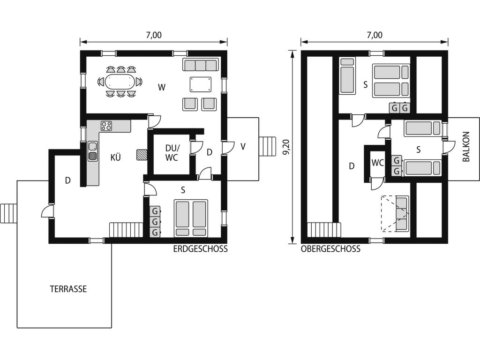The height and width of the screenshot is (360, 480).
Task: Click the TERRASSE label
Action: [68, 289]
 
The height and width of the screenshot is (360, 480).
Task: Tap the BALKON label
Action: [466, 147]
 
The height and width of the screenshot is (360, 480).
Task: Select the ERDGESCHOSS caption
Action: [201, 249]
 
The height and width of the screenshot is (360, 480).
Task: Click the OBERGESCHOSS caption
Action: [330, 249]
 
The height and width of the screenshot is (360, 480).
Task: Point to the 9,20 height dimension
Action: [286, 147]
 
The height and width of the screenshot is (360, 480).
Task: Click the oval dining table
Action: [120, 82]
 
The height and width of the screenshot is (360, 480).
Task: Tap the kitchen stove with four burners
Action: [106, 126]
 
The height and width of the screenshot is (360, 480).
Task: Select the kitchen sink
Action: [92, 151]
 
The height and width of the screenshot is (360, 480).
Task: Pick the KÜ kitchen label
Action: [115, 157]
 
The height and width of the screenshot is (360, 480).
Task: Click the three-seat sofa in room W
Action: [201, 65]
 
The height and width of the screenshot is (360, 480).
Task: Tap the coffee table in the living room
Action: [201, 84]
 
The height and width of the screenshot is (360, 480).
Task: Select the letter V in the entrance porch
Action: [243, 147]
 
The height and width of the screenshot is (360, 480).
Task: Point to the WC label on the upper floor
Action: [377, 163]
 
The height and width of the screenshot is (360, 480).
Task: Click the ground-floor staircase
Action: [126, 230]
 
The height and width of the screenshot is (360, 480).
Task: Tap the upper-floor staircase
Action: [324, 230]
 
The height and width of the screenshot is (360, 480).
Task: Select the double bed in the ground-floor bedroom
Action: [191, 218]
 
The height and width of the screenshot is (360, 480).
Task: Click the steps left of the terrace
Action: [8, 214]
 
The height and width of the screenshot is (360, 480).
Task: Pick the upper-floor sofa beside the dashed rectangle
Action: [402, 214]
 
